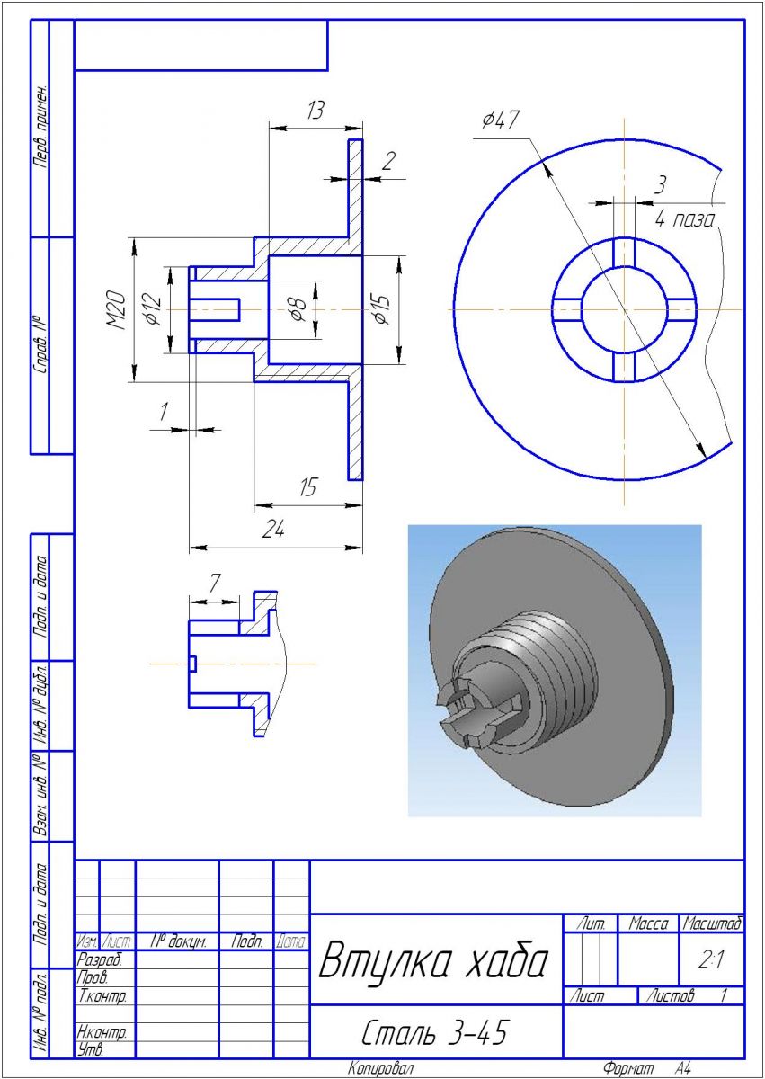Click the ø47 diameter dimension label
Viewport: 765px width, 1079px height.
click(500, 120)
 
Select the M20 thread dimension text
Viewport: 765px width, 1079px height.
click(118, 311)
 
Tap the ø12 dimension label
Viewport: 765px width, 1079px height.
click(153, 310)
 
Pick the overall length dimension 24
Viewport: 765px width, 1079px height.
click(273, 531)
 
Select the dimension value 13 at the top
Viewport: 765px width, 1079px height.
click(315, 111)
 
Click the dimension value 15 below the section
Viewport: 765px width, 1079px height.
click(307, 488)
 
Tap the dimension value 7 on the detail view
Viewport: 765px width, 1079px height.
click(214, 583)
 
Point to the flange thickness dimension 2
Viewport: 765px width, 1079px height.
click(388, 162)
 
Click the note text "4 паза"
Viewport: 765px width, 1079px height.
click(685, 218)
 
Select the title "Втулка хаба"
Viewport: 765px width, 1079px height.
click(433, 961)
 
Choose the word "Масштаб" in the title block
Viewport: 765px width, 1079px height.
click(712, 923)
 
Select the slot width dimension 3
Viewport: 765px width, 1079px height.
click(660, 185)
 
